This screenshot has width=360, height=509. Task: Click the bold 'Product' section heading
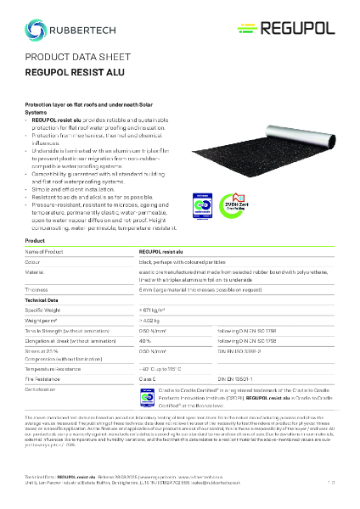35,242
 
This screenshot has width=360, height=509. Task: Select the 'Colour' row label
36,262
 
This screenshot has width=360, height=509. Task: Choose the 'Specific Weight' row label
47,310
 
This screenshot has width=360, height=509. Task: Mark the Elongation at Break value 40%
145,340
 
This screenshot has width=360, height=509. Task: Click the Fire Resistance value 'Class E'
149,380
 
